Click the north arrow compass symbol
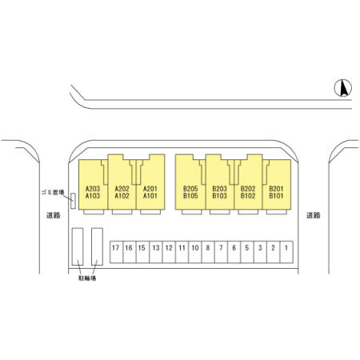coord(343,88)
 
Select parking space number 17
coord(117,252)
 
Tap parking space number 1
coord(286,252)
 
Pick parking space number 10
coord(195,252)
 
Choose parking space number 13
coord(156,252)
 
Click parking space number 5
coord(247,252)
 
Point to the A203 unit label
coord(93,189)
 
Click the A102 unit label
coord(122,196)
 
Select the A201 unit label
coord(150,189)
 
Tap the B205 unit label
coord(190,189)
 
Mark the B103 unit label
coord(219,196)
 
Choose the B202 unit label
coord(248,189)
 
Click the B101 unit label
coord(276,196)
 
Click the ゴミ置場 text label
coord(53,192)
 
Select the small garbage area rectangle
coord(73,201)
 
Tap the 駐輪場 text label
coord(87,278)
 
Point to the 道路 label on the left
coord(54,215)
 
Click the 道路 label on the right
coord(313,215)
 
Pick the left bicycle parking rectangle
coord(78,246)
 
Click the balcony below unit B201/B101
coord(277,212)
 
